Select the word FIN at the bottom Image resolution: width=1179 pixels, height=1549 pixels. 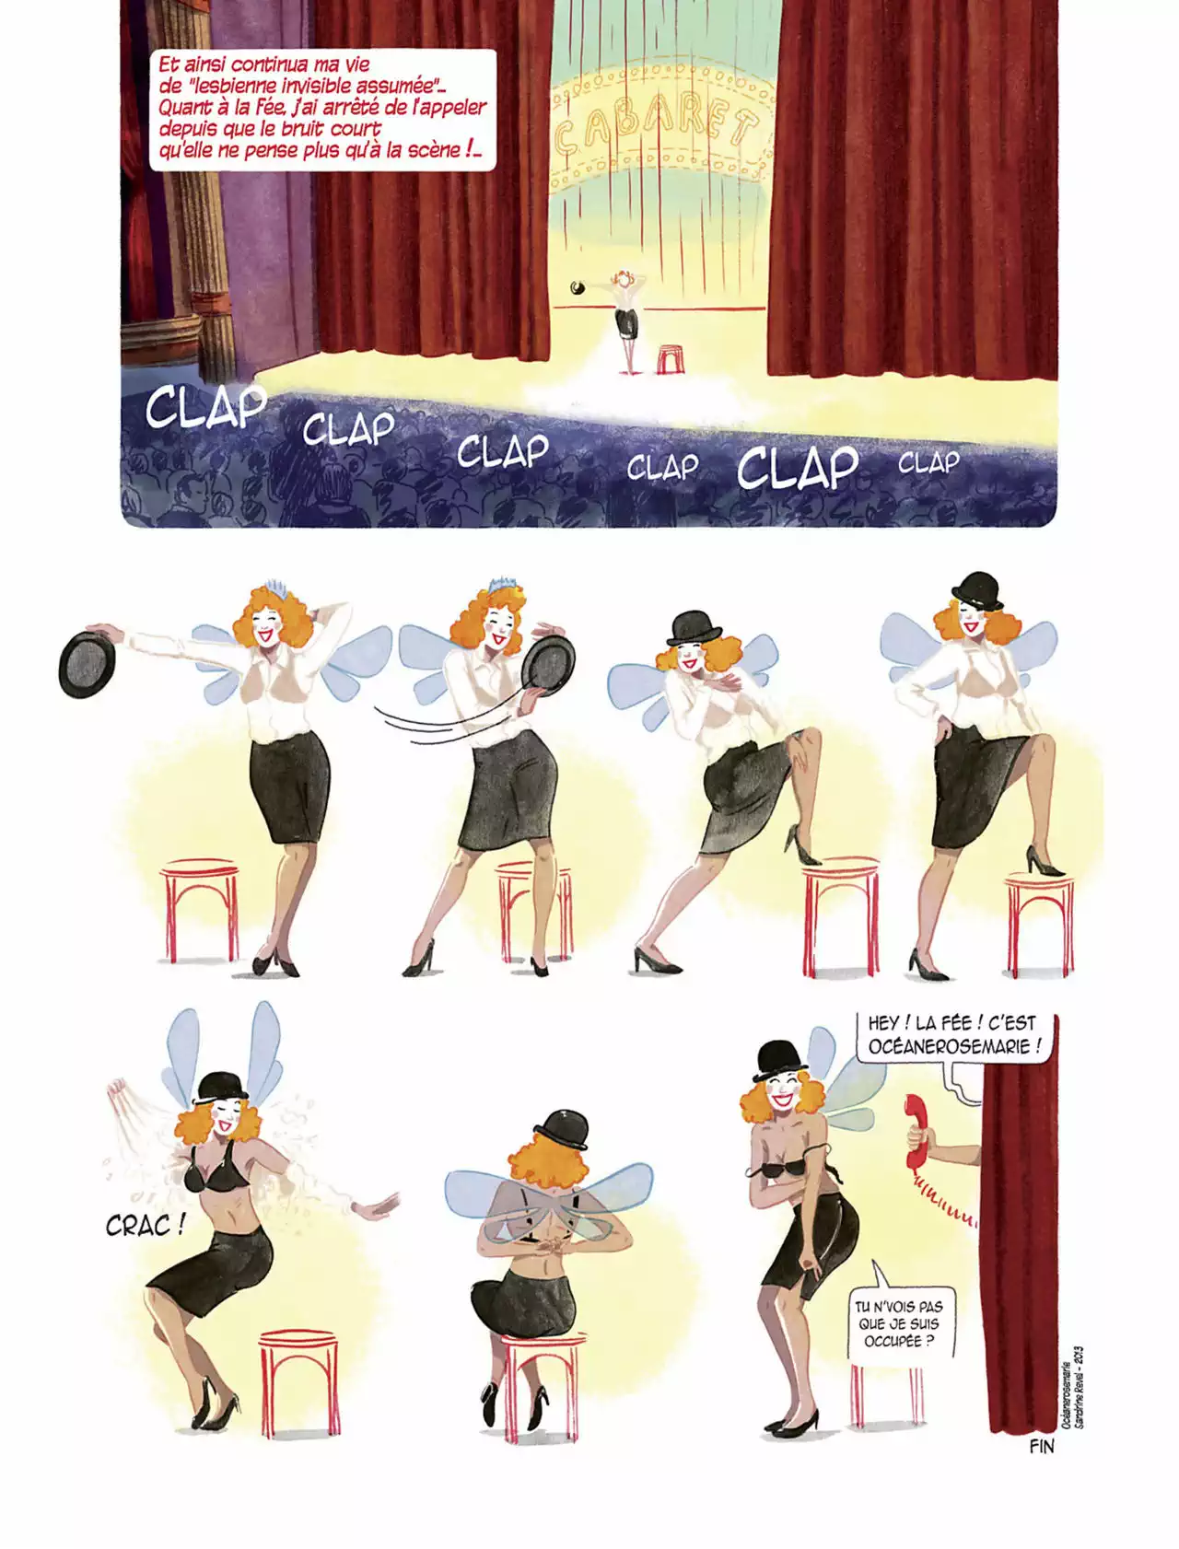coord(1041,1447)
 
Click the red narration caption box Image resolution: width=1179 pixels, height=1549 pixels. coord(322,109)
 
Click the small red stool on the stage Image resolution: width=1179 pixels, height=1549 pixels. coord(670,358)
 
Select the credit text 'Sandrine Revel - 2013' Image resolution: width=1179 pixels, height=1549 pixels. coord(1079,1387)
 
